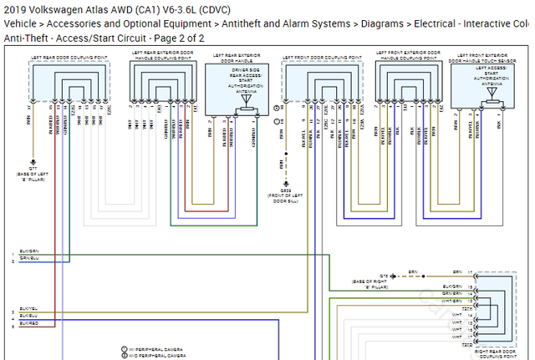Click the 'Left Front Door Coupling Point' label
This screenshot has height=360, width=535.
pos(322,57)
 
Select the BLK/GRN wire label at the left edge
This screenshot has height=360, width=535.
pos(28,251)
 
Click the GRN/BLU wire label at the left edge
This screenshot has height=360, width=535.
pos(28,259)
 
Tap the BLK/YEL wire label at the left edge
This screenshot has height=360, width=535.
pos(28,309)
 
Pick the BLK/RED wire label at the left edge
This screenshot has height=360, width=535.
pos(28,322)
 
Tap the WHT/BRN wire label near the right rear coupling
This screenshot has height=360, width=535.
pos(451,301)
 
